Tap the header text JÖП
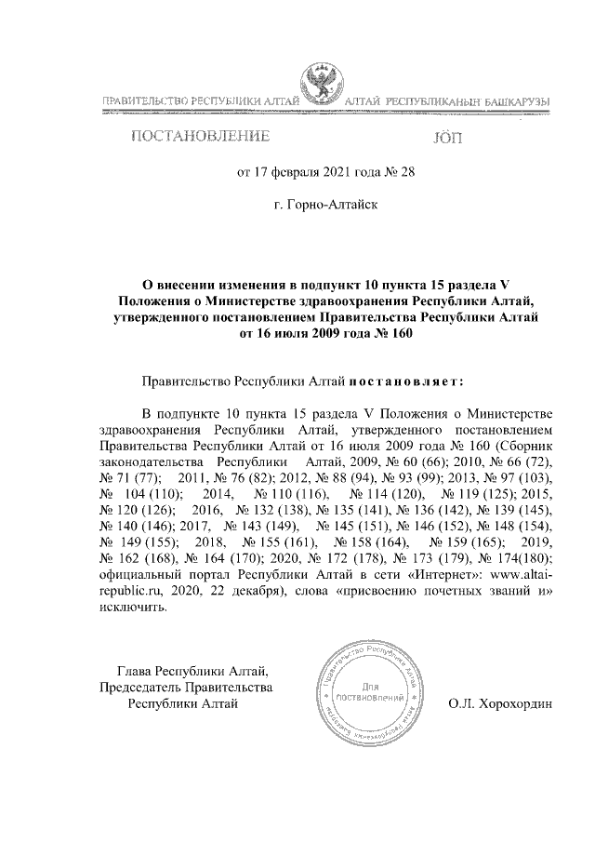coord(447,139)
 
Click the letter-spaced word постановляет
coord(406,381)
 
